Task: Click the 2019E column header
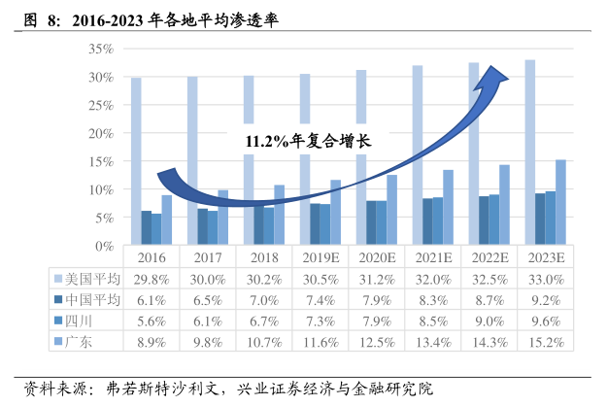pyautogui.click(x=320, y=258)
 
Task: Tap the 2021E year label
pyautogui.click(x=433, y=258)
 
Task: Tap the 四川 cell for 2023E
pyautogui.click(x=547, y=319)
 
